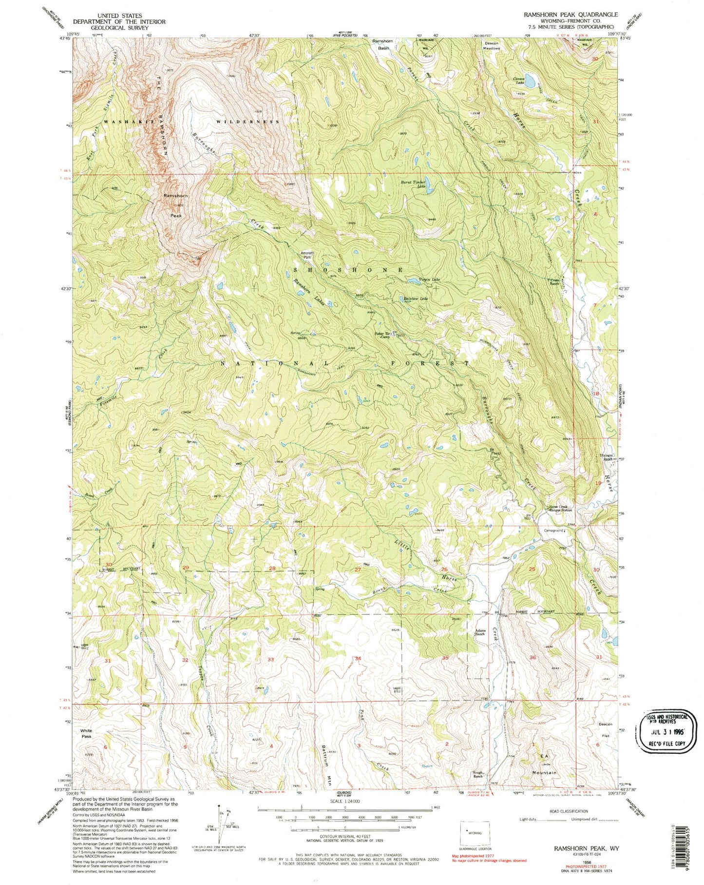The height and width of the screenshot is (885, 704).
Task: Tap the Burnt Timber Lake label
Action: (x=413, y=185)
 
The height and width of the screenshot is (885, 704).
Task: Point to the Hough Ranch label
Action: (x=478, y=773)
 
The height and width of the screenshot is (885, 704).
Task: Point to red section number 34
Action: (x=358, y=659)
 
